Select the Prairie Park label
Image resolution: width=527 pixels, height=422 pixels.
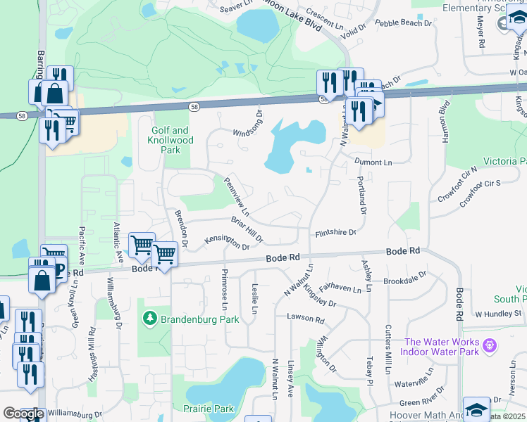click(213, 409)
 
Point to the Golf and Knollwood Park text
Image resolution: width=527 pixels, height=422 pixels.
click(170, 140)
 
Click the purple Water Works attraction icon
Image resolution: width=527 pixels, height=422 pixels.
click(491, 347)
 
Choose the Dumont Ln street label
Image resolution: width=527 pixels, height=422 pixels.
click(373, 162)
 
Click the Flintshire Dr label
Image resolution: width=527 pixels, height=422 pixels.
click(335, 232)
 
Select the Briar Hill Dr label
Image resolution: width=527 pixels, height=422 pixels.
click(247, 230)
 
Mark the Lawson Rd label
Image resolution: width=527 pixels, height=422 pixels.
click(305, 319)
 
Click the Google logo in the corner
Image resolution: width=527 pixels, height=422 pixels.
click(23, 414)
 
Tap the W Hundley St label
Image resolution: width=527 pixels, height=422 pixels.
click(497, 314)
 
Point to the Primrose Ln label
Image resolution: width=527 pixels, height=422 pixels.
click(225, 290)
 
